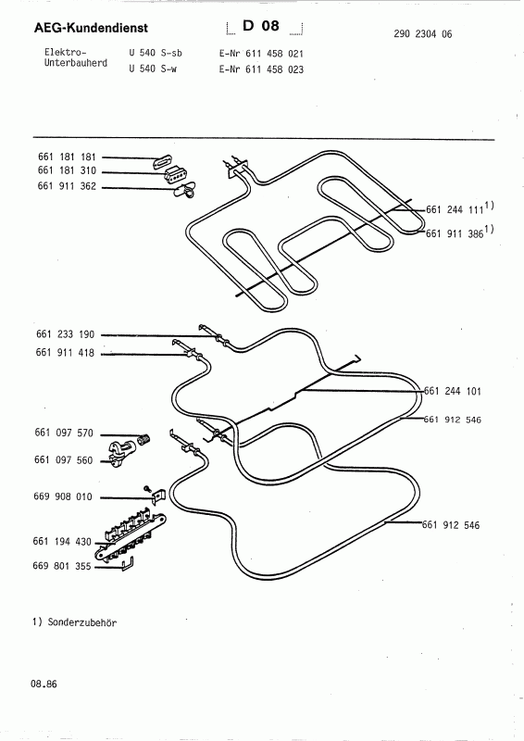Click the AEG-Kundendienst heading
(91, 28)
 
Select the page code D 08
(261, 26)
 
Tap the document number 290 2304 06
(422, 34)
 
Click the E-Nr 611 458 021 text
(261, 54)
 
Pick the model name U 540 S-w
(153, 69)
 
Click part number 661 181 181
(67, 157)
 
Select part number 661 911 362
(67, 186)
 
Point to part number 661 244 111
(455, 209)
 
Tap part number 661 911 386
(455, 233)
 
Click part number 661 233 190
(65, 334)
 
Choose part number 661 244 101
(452, 391)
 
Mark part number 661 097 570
(64, 433)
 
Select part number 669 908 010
(63, 496)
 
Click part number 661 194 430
(62, 542)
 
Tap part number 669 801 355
(62, 566)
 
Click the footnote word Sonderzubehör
(82, 622)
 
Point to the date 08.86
(44, 684)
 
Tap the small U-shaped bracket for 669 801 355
(128, 564)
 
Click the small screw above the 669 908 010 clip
(147, 488)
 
